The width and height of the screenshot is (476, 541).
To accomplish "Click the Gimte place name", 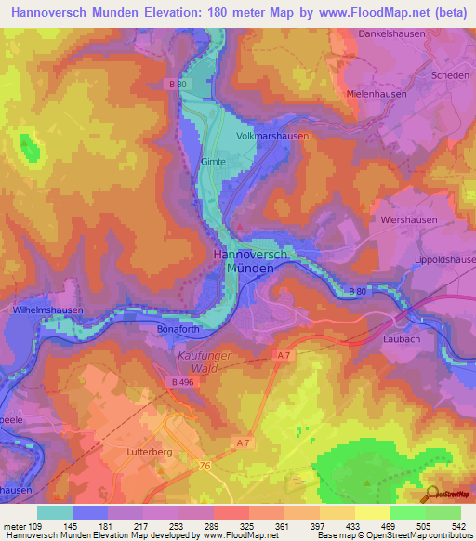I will pyautogui.click(x=213, y=161).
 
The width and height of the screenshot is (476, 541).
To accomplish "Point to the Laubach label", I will pyautogui.click(x=402, y=339).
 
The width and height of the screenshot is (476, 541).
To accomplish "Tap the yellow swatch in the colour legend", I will pyautogui.click(x=373, y=512).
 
